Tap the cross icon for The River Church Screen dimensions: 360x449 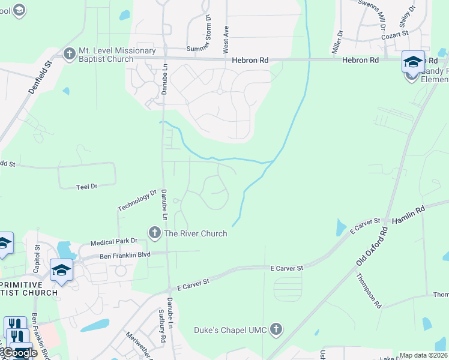(x=155, y=233)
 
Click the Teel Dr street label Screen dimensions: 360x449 (x=87, y=187)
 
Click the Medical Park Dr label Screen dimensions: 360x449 (x=114, y=242)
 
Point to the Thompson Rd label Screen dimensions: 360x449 (x=369, y=290)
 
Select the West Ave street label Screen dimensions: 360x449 (x=226, y=37)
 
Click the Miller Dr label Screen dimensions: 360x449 (x=337, y=41)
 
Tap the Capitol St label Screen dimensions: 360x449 (x=37, y=255)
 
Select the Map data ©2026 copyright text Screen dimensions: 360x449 (x=423, y=355)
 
